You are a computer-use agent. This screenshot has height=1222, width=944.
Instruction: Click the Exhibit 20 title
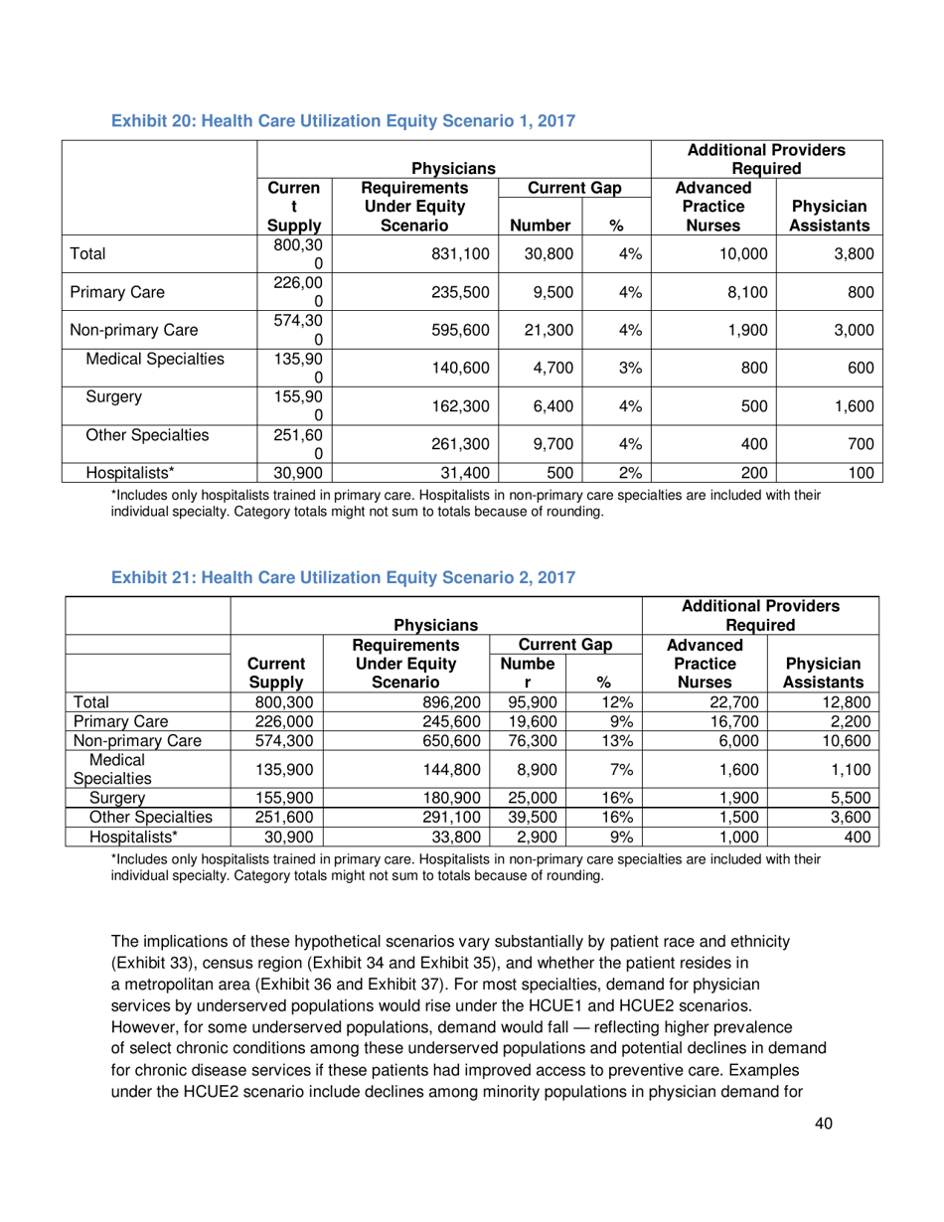[x=344, y=121]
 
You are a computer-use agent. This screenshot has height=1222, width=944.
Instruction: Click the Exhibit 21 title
[x=344, y=574]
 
